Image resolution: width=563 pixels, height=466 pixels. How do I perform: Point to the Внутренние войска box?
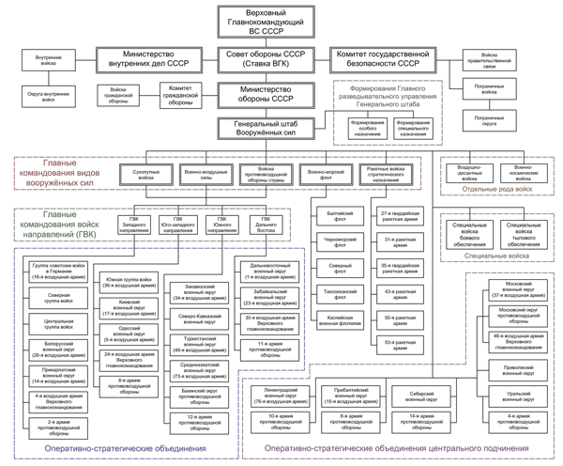click(x=49, y=60)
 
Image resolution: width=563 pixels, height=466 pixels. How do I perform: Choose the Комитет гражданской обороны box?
click(x=179, y=95)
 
